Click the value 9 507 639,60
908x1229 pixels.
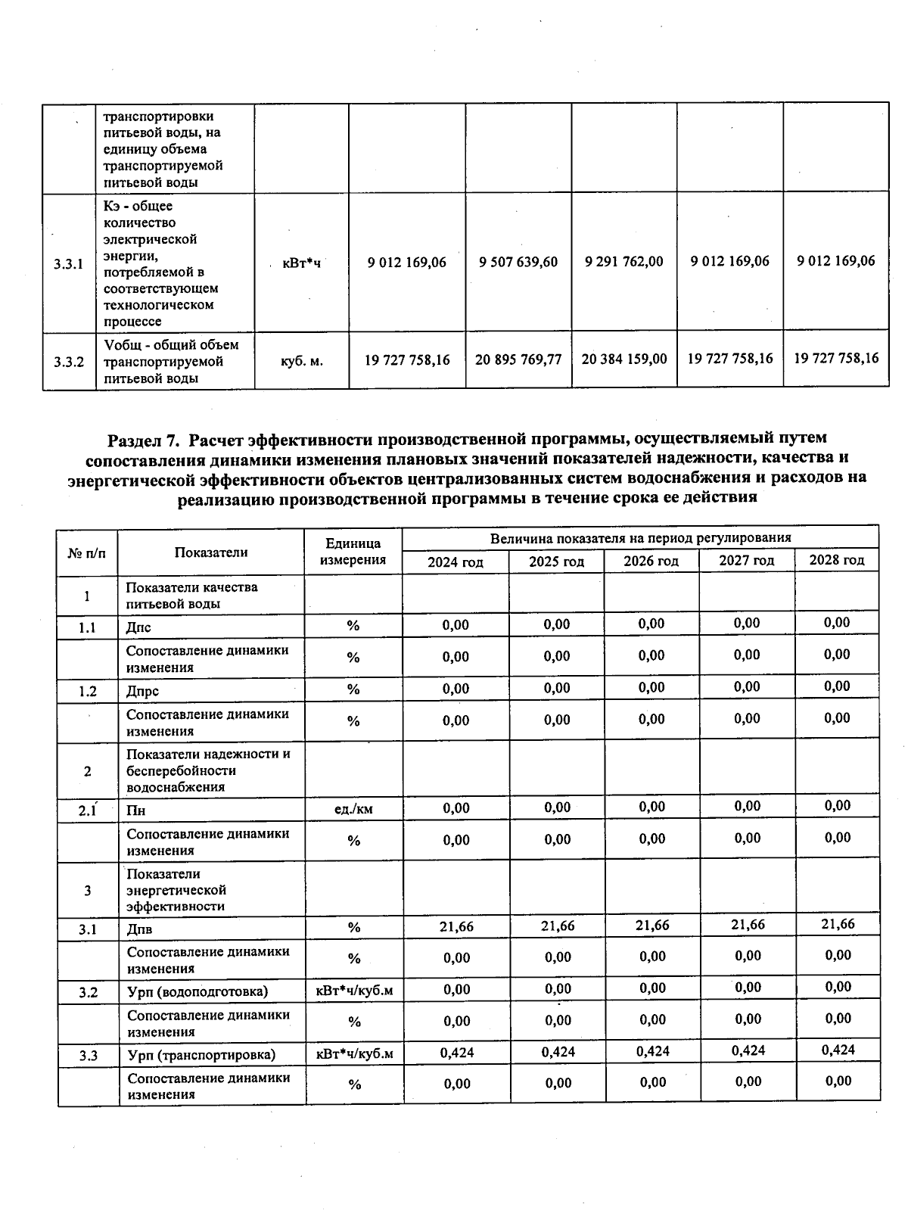click(518, 262)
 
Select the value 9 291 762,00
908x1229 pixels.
click(624, 261)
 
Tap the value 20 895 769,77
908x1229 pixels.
click(518, 359)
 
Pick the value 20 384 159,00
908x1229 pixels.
click(624, 359)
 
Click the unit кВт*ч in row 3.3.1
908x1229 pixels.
click(301, 263)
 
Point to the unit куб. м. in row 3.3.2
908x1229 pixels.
click(301, 361)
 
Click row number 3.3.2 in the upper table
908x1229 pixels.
click(69, 362)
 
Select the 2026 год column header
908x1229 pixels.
click(651, 562)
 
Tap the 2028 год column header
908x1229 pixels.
click(836, 560)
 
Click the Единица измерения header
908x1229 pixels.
click(353, 552)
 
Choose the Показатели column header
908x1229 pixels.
click(211, 552)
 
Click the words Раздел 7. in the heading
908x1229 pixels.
click(145, 439)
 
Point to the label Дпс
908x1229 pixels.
click(138, 627)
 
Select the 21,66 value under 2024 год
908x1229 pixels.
click(456, 926)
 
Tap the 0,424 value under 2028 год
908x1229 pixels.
click(838, 1050)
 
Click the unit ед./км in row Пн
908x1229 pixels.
click(353, 809)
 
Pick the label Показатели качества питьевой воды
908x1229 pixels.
click(191, 596)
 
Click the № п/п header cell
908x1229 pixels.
click(87, 552)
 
